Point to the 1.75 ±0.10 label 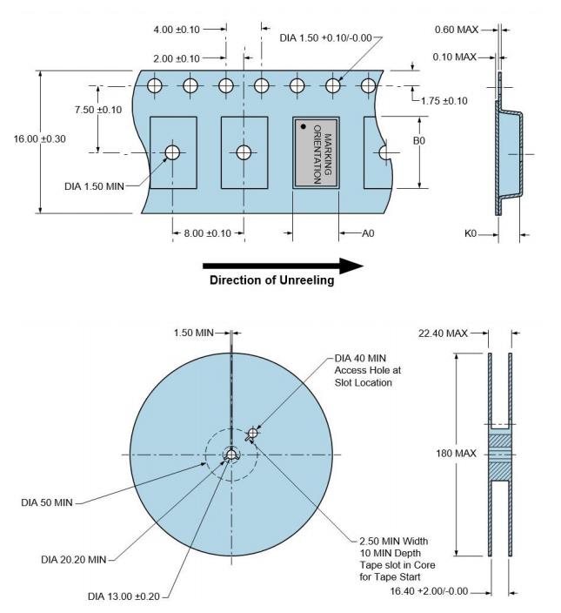pos(444,101)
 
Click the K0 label pos(470,233)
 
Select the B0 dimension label pos(418,140)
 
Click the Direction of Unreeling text pos(270,280)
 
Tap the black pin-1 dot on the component pos(303,127)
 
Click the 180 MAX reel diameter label pos(451,453)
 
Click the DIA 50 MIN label pos(53,502)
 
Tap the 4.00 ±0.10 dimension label pos(177,30)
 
